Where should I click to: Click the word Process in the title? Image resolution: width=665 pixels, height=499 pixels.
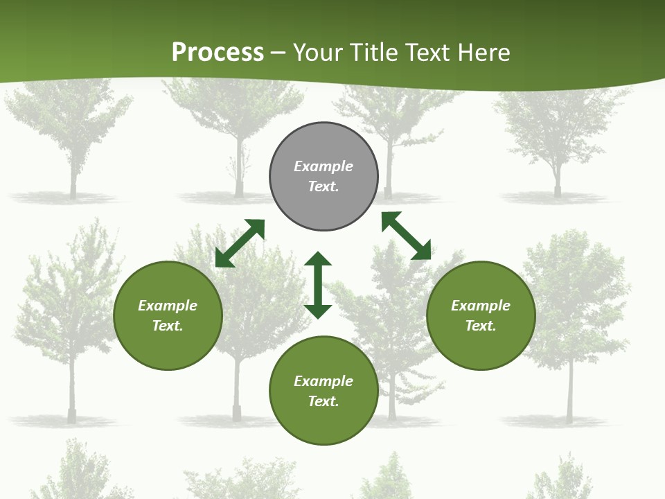[x=218, y=53]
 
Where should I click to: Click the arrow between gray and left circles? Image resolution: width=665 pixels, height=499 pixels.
[x=240, y=243]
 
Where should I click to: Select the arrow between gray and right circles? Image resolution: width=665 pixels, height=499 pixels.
[x=406, y=236]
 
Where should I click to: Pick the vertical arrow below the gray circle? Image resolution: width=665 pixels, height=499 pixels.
[x=318, y=285]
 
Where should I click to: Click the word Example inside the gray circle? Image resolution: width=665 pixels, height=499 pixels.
[x=323, y=166]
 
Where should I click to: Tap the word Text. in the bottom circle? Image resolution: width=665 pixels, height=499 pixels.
[x=323, y=401]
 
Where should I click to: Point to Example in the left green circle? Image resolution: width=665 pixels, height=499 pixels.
[x=168, y=306]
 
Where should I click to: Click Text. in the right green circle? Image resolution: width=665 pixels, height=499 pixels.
[x=481, y=326]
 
